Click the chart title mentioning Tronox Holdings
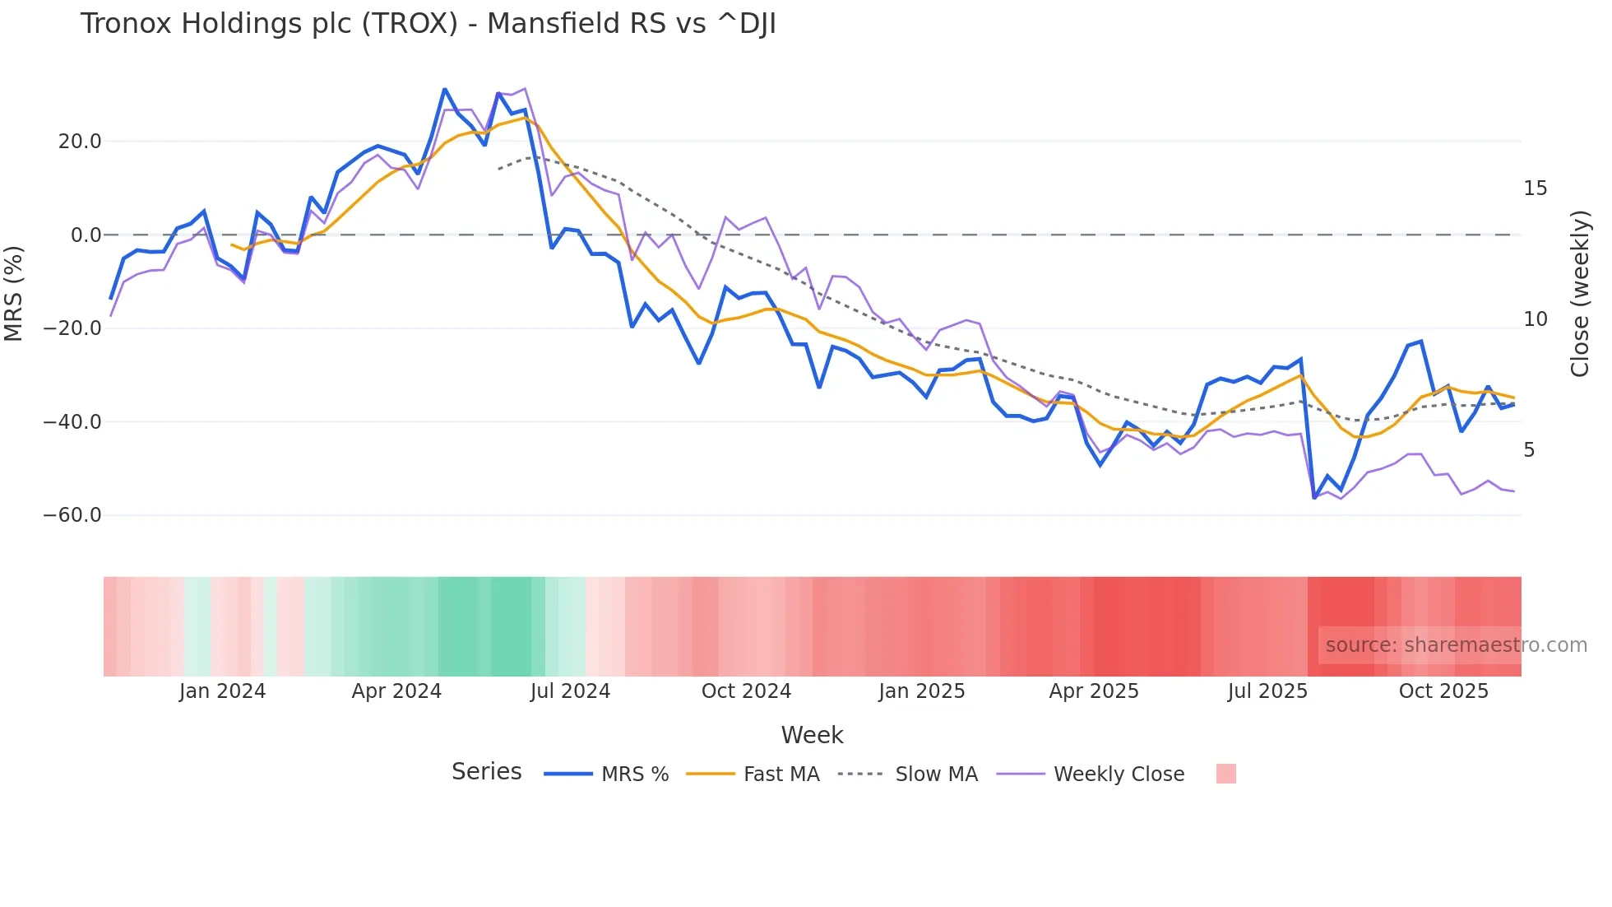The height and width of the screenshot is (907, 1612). [x=428, y=24]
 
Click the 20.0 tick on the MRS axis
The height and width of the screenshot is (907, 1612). [x=80, y=142]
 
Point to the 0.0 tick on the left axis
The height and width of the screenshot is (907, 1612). [x=86, y=235]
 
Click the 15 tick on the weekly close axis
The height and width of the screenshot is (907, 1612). [x=1535, y=188]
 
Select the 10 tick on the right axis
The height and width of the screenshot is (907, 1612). [x=1535, y=319]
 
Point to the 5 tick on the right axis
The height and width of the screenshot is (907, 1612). [x=1529, y=450]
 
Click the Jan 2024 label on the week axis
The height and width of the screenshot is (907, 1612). [x=222, y=691]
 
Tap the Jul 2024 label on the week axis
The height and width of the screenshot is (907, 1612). [x=570, y=691]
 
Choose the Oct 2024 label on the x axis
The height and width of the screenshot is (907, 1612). [x=746, y=691]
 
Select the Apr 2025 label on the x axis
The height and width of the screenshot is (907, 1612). [x=1094, y=691]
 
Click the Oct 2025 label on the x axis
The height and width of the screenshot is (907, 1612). [x=1443, y=691]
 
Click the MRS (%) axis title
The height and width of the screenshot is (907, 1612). [x=14, y=293]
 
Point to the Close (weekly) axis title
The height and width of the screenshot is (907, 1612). [x=1580, y=294]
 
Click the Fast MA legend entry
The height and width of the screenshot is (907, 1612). [x=781, y=774]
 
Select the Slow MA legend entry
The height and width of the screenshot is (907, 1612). [x=936, y=774]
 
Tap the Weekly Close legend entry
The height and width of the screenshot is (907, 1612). [x=1119, y=774]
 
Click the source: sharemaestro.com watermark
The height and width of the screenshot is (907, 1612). [x=1456, y=645]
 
